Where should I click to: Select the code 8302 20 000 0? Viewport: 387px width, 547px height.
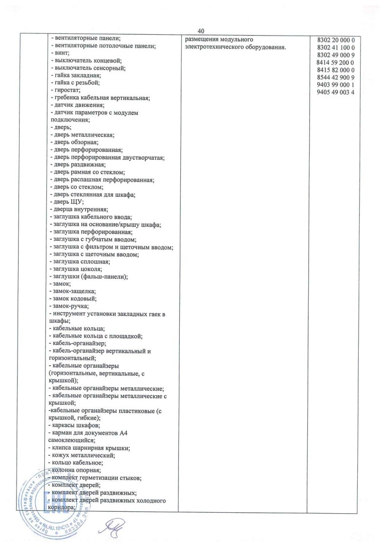[339, 39]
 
